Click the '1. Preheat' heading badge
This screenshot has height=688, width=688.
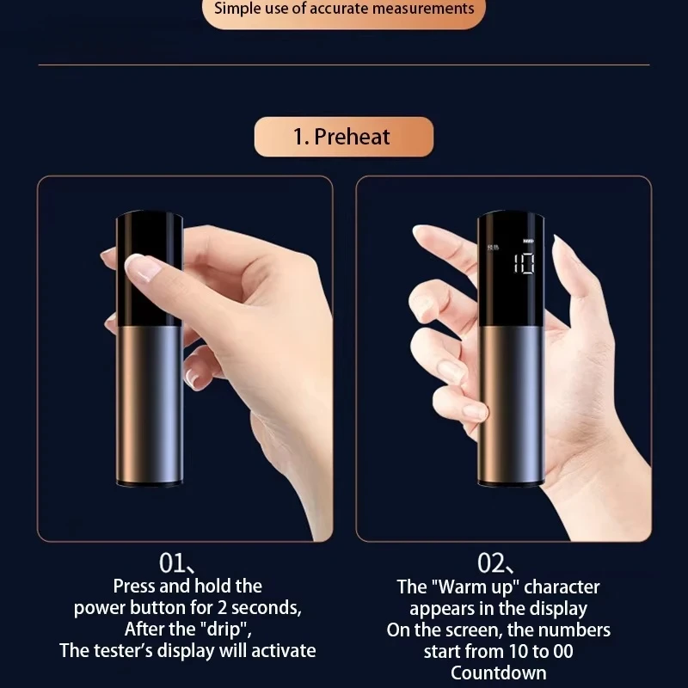click(x=343, y=137)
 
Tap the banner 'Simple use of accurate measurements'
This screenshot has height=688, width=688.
click(x=343, y=10)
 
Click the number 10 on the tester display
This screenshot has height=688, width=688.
click(x=524, y=263)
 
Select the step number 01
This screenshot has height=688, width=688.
click(x=175, y=563)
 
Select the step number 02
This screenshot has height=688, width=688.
click(x=491, y=563)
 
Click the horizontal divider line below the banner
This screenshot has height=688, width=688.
click(x=343, y=64)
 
